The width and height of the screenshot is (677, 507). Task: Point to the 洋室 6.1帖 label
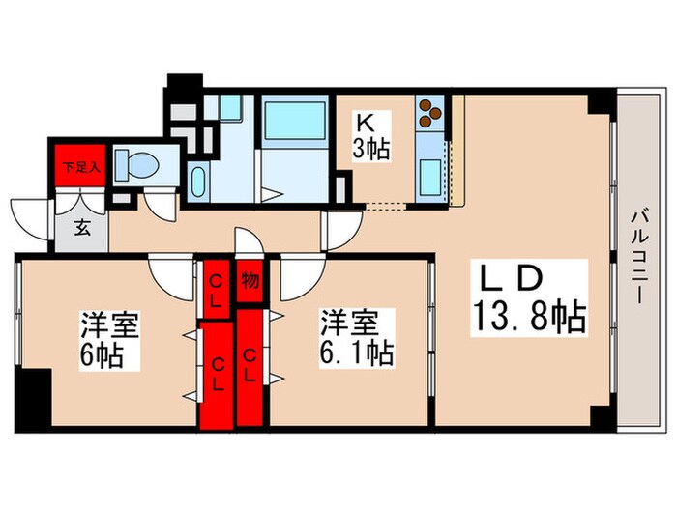[x=356, y=337]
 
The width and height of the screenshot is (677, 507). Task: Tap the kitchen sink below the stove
[x=430, y=177]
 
